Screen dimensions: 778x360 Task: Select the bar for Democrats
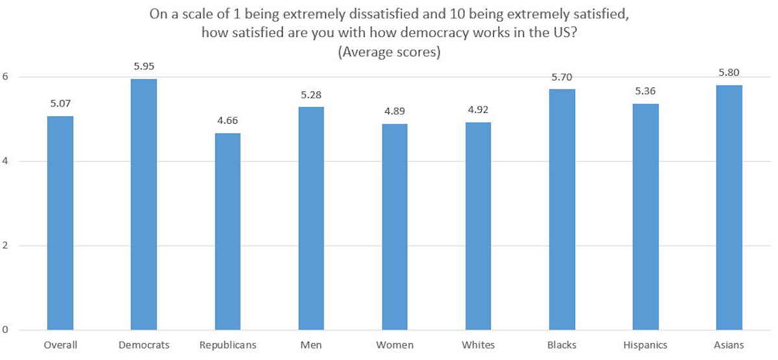(x=144, y=204)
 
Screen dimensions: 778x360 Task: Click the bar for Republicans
(x=228, y=232)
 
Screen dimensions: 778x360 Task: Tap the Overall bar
(x=60, y=223)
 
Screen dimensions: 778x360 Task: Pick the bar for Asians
(x=729, y=208)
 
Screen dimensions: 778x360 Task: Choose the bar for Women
(x=395, y=227)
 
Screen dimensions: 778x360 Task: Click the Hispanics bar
(x=645, y=217)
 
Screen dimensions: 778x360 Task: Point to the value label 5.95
(x=144, y=66)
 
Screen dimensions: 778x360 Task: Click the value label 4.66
(x=228, y=121)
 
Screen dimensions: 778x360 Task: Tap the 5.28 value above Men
(x=311, y=95)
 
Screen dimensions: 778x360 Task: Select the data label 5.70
(x=561, y=77)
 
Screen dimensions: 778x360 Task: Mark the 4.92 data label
(x=478, y=110)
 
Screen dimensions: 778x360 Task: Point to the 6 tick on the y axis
(x=5, y=77)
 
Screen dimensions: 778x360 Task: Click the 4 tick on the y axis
(x=5, y=161)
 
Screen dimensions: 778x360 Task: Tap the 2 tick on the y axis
(x=5, y=245)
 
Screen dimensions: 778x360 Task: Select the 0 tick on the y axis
(x=5, y=330)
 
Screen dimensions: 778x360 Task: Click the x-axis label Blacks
(x=561, y=345)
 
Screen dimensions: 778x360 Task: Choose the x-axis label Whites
(x=478, y=345)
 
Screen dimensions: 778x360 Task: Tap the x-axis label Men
(x=311, y=345)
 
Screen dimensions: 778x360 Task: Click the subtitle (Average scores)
(x=389, y=52)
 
